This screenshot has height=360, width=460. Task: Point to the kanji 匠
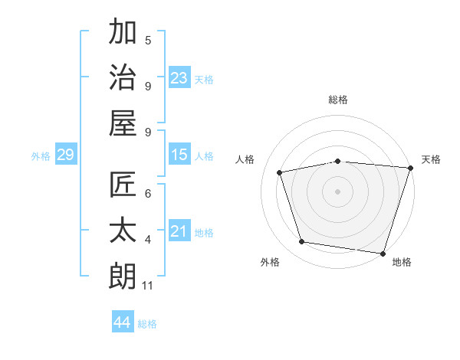tap(123, 185)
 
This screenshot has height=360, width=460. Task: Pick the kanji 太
tap(123, 231)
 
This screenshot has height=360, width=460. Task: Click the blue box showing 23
tap(179, 77)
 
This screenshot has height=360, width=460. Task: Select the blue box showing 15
tap(179, 155)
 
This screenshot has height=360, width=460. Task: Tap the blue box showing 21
tap(179, 231)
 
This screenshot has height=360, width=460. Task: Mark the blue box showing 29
tap(65, 155)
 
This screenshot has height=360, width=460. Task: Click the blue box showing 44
tap(123, 322)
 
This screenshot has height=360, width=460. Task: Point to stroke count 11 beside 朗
tap(149, 286)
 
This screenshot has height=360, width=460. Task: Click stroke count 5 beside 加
tap(148, 40)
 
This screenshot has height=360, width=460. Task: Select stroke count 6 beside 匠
tap(148, 194)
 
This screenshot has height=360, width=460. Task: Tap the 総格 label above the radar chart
tap(338, 100)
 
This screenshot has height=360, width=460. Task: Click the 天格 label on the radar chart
tap(431, 159)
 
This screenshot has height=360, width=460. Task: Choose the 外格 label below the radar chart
tap(270, 262)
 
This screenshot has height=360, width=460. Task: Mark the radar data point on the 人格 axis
tap(281, 172)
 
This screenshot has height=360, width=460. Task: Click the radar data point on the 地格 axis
tap(383, 253)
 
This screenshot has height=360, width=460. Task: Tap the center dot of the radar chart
tap(337, 191)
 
